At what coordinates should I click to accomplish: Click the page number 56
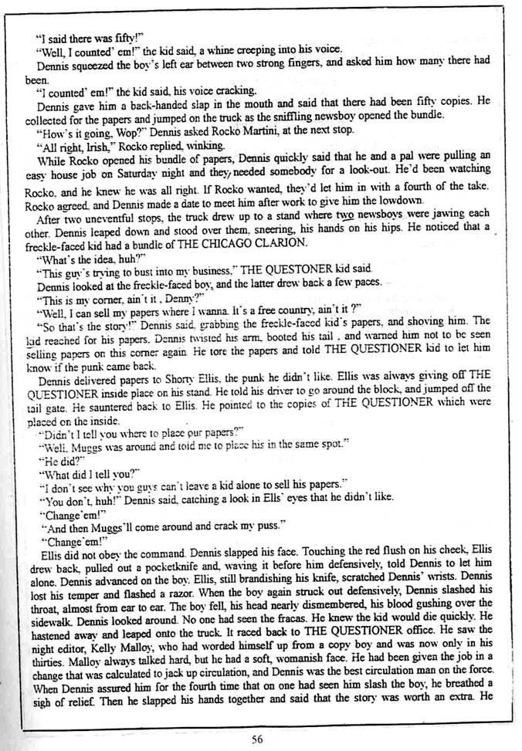pyautogui.click(x=258, y=738)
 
